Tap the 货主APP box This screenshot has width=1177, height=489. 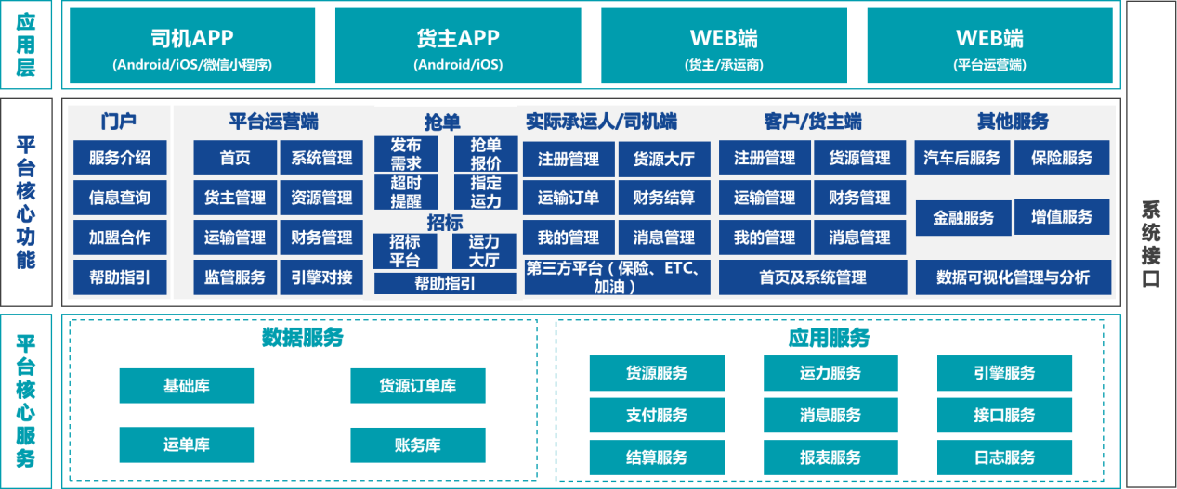[458, 46]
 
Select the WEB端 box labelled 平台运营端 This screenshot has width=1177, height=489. [989, 46]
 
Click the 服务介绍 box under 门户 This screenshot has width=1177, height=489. [119, 158]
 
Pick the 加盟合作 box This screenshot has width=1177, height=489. [119, 238]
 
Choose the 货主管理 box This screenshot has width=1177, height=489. [235, 198]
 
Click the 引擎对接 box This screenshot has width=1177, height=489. [321, 277]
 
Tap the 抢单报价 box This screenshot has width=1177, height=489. [486, 154]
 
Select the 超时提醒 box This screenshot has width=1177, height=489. [406, 191]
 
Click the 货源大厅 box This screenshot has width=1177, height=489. [664, 159]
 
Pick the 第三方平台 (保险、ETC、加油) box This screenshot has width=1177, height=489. [617, 277]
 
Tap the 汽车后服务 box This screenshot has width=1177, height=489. [961, 158]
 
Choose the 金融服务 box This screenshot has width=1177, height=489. [963, 218]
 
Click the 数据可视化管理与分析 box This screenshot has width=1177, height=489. [1013, 277]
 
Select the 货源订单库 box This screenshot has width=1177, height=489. [417, 385]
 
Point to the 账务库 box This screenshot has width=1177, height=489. [417, 444]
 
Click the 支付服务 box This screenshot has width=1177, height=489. [657, 415]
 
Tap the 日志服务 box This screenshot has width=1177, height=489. [1004, 457]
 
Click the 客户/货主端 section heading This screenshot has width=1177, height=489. [813, 122]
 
